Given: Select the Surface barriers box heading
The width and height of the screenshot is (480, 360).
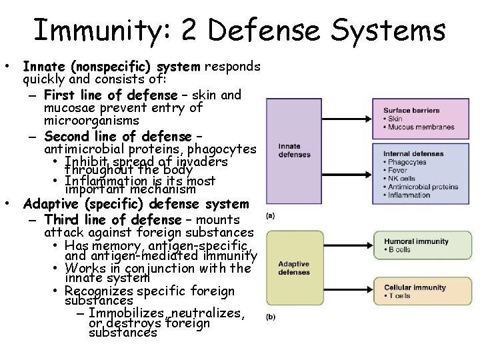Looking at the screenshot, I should point(411,110).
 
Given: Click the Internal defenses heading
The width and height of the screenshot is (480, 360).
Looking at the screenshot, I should point(413,154).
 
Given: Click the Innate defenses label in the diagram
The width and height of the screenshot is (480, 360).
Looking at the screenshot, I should point(294,150).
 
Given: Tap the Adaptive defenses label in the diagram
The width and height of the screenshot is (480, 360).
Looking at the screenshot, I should point(295,267).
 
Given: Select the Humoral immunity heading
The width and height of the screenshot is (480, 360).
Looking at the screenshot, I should point(416,241).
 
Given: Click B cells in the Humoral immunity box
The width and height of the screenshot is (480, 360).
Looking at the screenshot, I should point(398,250).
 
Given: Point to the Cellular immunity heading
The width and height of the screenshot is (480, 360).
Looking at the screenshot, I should point(414,287).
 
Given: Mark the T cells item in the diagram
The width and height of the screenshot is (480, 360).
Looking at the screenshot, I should point(398,295).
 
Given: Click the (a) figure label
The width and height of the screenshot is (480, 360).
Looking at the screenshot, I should point(271,215).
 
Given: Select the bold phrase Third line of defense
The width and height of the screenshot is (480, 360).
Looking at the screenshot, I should point(113,220).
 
